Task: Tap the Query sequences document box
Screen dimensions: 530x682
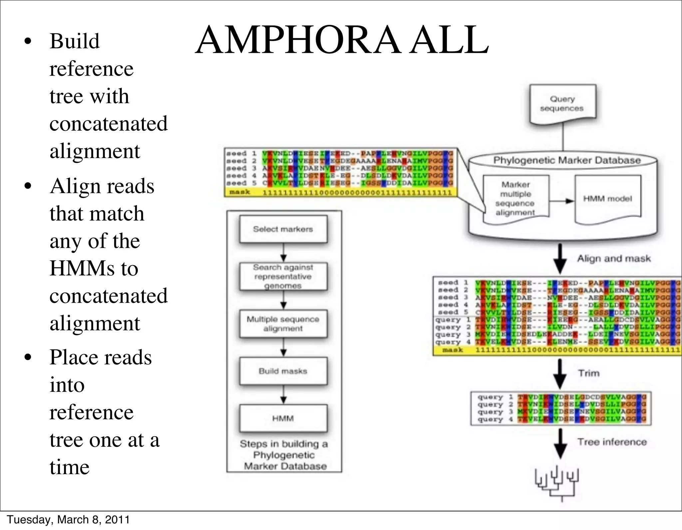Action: pyautogui.click(x=562, y=104)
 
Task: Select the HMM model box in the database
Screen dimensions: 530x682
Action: pyautogui.click(x=607, y=199)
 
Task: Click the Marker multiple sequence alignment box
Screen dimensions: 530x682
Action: pyautogui.click(x=515, y=199)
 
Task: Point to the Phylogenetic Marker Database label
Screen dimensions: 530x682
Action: pyautogui.click(x=567, y=160)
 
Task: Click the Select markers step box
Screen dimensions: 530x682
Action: pyautogui.click(x=283, y=229)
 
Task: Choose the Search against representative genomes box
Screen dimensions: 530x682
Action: pyautogui.click(x=283, y=276)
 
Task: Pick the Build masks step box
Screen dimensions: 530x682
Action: pyautogui.click(x=283, y=371)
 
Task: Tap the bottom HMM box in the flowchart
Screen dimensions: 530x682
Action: pyautogui.click(x=283, y=418)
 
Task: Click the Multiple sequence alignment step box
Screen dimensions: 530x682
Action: pyautogui.click(x=283, y=324)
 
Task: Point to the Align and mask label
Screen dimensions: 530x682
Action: pyautogui.click(x=614, y=259)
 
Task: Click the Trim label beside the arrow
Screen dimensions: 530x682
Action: pyautogui.click(x=589, y=373)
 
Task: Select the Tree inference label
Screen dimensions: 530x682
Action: pyautogui.click(x=612, y=442)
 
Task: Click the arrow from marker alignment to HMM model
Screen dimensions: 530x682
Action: pyautogui.click(x=562, y=201)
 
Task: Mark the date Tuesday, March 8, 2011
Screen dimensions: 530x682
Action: pyautogui.click(x=68, y=520)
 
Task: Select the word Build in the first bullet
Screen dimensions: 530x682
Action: pyautogui.click(x=75, y=41)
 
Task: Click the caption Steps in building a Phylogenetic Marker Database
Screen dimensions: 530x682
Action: pyautogui.click(x=284, y=455)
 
